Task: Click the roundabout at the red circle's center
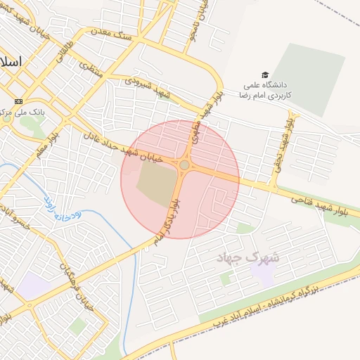tap(184, 165)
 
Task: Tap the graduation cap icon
tap(265, 75)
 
